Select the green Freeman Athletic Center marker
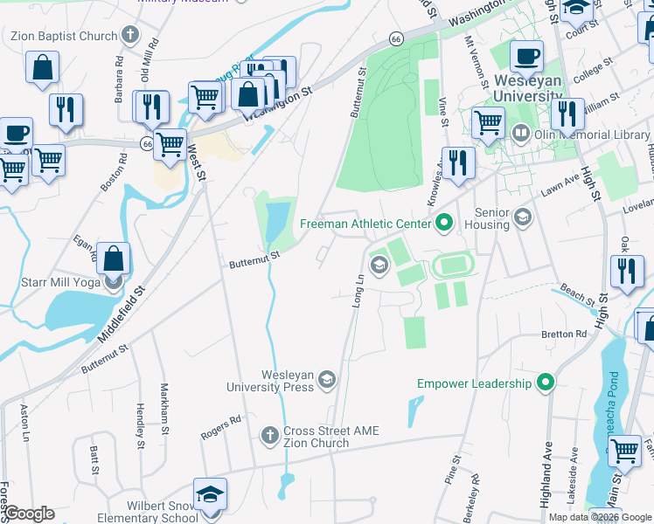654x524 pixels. pyautogui.click(x=443, y=224)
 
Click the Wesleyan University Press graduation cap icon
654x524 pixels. pyautogui.click(x=326, y=377)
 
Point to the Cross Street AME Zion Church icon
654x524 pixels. pyautogui.click(x=270, y=433)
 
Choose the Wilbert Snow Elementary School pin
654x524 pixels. pyautogui.click(x=210, y=495)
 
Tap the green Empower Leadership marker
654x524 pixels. pyautogui.click(x=546, y=383)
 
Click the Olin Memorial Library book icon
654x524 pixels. pyautogui.click(x=520, y=134)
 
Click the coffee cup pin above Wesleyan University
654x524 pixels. pyautogui.click(x=526, y=58)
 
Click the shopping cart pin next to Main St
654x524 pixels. pyautogui.click(x=624, y=452)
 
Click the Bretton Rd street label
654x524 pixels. pyautogui.click(x=564, y=334)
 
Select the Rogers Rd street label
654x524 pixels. pyautogui.click(x=220, y=427)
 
